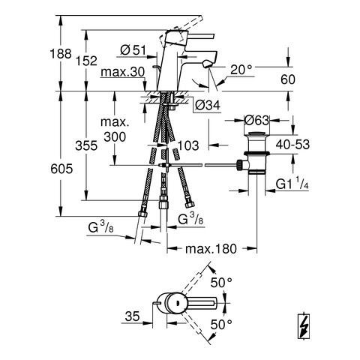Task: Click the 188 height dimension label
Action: (x=61, y=54)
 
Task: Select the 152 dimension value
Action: (x=86, y=61)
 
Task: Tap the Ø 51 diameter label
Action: (x=133, y=50)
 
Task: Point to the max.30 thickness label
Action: (x=123, y=72)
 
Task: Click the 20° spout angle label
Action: (x=241, y=70)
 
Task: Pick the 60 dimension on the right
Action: (x=288, y=79)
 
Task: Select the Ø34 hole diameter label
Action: (x=208, y=105)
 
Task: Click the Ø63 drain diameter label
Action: (x=256, y=121)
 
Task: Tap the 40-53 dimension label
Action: (x=292, y=145)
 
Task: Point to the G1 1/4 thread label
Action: (x=292, y=184)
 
